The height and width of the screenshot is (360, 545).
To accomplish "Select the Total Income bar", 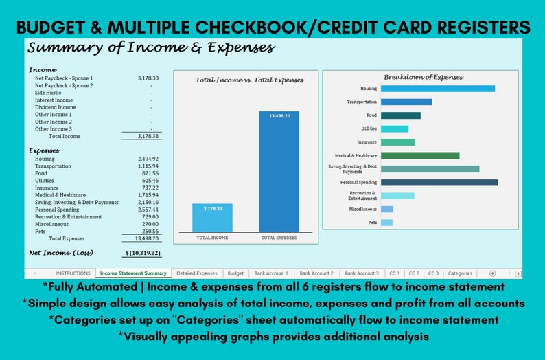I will click(x=212, y=217).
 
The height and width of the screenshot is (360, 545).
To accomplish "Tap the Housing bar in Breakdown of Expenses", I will click(x=437, y=89).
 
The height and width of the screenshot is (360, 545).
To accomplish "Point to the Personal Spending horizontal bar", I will click(x=439, y=183).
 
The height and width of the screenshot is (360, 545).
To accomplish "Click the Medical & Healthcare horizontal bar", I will click(x=419, y=155).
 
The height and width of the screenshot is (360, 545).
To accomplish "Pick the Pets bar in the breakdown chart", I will click(x=386, y=223).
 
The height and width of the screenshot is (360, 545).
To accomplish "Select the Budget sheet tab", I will click(x=235, y=273).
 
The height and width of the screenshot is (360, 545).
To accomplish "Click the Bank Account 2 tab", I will click(x=316, y=273).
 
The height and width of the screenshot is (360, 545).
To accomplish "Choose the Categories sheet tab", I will click(x=460, y=273).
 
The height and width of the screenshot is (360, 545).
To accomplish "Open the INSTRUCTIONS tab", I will click(x=73, y=273).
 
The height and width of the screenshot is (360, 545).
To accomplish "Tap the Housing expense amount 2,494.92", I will click(x=148, y=159).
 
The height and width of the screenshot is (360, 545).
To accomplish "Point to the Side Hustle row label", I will click(x=48, y=93).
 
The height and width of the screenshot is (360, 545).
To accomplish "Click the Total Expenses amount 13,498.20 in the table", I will click(x=146, y=238).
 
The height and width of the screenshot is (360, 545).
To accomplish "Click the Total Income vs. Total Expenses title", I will click(x=249, y=80).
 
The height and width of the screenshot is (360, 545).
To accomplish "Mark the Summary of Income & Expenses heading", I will click(x=151, y=48).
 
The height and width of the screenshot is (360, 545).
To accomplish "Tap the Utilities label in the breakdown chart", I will click(x=369, y=128).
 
